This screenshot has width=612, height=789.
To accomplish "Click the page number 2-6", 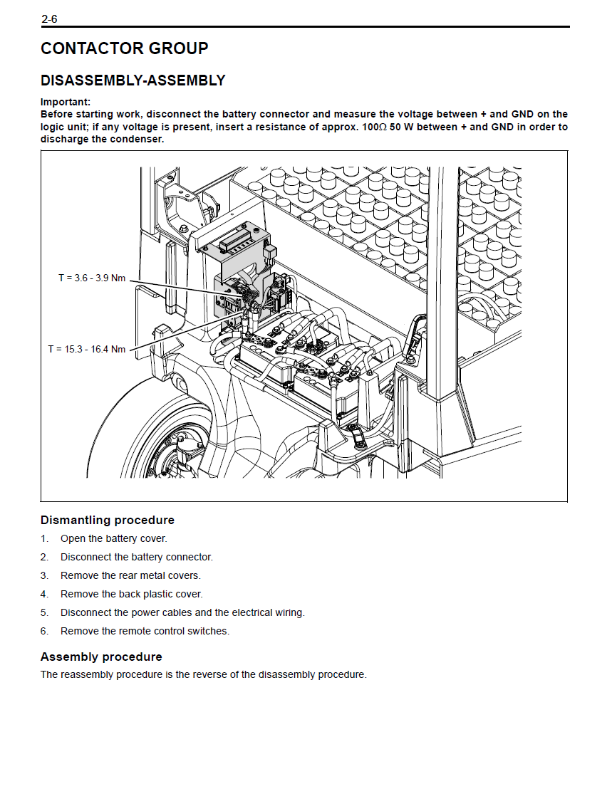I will (x=49, y=19).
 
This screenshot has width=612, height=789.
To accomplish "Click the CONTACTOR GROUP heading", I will (x=125, y=48).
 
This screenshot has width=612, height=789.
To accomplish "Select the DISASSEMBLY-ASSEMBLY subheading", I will (x=133, y=80).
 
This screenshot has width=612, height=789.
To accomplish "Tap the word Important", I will (x=65, y=102).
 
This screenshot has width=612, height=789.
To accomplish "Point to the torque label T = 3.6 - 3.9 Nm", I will (x=92, y=278).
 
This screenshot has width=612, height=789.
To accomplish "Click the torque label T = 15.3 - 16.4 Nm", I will (x=87, y=349).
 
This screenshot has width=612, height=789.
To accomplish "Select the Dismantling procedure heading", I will (x=108, y=520).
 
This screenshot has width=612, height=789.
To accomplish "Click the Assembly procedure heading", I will (x=101, y=657).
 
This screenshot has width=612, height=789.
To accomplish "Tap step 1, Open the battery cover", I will (x=113, y=538).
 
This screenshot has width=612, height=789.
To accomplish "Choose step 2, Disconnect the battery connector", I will (x=136, y=557).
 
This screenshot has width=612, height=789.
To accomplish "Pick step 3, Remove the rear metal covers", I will (x=130, y=575).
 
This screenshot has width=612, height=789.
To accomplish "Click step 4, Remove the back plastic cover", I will (x=131, y=594).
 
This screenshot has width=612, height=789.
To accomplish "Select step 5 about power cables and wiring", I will (x=182, y=612).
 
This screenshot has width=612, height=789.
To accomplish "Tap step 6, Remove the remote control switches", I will (x=145, y=631).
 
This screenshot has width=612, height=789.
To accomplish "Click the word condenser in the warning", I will (x=140, y=139).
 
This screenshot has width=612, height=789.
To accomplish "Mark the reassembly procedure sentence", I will (x=204, y=674).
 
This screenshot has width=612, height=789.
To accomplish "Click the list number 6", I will (x=44, y=631).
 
